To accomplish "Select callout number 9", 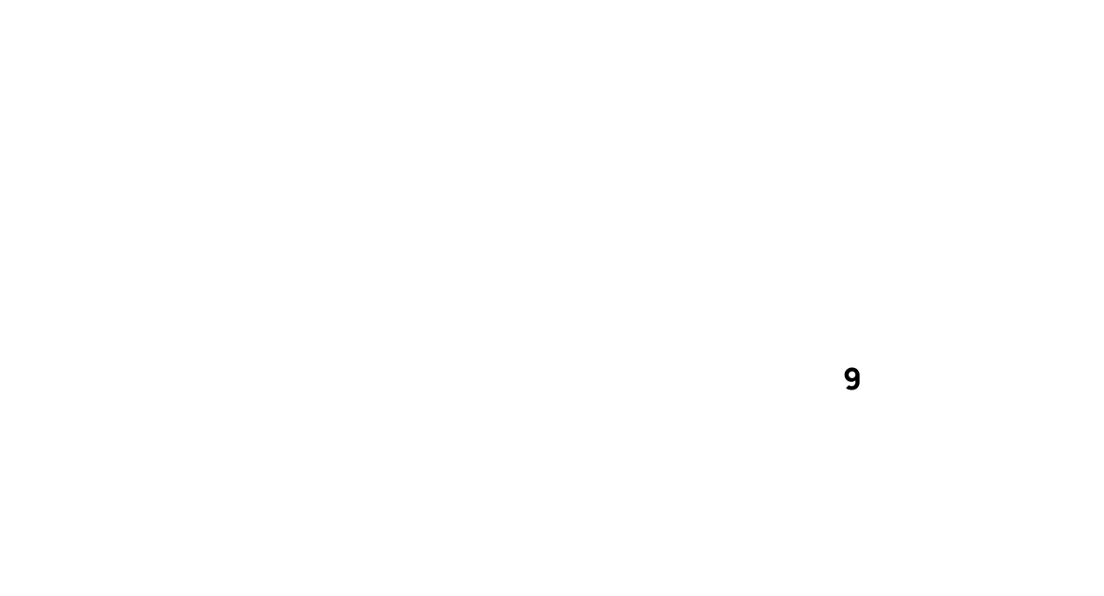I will (851, 379).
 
